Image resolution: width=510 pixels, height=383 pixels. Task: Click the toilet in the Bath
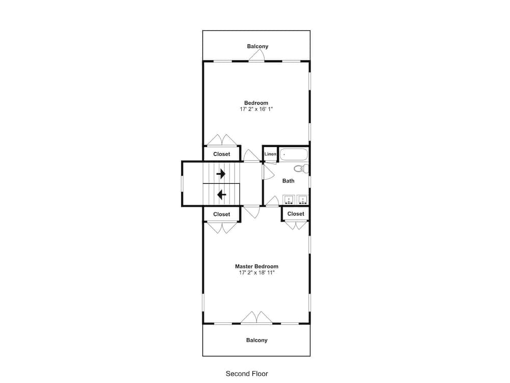point(301,169)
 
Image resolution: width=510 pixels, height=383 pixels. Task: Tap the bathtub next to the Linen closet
point(294,154)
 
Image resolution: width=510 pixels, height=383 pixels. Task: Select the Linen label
point(270,154)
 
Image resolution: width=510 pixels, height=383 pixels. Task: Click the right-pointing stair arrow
point(221,174)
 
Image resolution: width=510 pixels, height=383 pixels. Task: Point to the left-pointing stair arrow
point(221,195)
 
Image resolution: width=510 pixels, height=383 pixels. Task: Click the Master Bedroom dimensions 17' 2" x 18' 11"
point(257,273)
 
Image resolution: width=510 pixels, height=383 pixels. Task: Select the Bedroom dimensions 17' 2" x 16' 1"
point(257,109)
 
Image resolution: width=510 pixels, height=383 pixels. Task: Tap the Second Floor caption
point(247,374)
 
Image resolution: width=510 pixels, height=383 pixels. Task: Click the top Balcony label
point(258,46)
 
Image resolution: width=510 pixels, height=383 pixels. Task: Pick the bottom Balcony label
point(257,340)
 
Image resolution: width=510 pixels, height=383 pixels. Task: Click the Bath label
point(288,181)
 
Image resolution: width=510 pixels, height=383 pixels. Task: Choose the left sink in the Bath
point(289,199)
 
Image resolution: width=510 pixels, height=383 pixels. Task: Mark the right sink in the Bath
point(303,199)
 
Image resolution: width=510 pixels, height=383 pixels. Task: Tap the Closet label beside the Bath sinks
point(296,213)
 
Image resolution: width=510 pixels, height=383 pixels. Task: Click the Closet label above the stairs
point(221,154)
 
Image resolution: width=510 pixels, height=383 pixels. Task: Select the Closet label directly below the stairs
point(221,214)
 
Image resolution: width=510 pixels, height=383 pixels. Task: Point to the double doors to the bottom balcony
point(257,318)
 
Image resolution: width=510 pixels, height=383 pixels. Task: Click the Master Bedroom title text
point(257,267)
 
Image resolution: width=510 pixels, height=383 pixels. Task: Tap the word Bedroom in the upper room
point(257,103)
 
